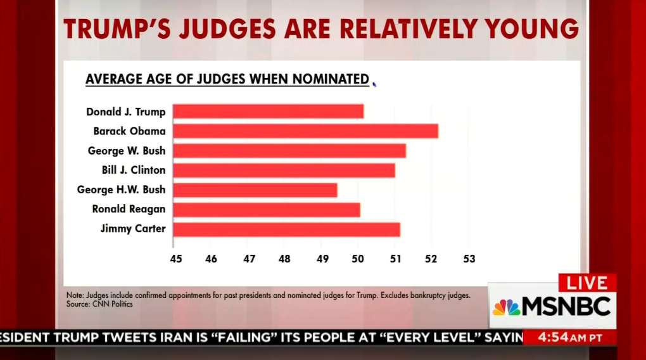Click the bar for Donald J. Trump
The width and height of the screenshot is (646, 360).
268,112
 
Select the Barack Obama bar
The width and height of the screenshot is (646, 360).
306,131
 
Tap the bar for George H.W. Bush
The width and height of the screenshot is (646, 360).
255,190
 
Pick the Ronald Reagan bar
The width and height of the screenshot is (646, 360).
267,210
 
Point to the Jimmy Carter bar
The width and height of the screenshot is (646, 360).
287,229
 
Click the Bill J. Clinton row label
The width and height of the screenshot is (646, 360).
134,170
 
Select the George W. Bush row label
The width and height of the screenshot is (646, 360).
127,150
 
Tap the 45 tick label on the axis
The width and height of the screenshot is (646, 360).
176,259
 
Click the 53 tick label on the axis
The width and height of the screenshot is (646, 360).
469,259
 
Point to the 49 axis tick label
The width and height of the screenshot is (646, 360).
322,259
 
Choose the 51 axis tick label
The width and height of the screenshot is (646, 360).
395,259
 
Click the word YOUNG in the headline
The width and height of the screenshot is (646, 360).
531,29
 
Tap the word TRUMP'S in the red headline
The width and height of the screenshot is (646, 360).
117,29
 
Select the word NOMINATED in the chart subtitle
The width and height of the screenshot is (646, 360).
331,79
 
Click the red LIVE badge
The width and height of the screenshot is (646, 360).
587,283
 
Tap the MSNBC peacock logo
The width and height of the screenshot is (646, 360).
506,307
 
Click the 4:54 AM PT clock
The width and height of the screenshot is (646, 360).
570,338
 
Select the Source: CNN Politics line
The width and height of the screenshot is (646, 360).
99,304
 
